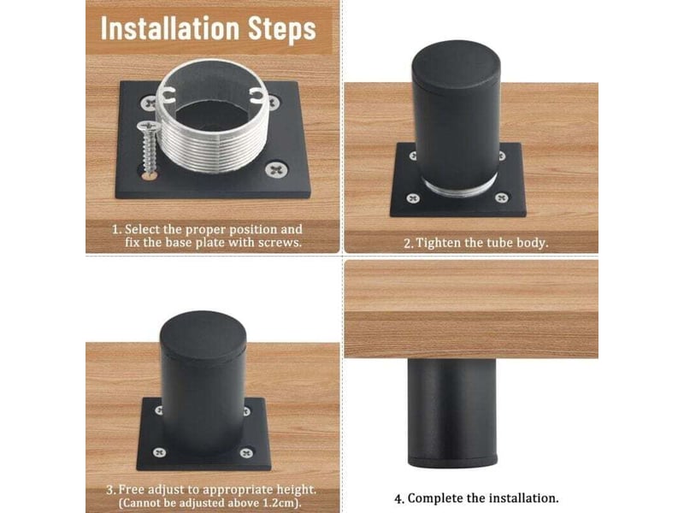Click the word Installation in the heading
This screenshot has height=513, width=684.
tap(170, 29)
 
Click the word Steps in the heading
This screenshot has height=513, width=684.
tap(282, 30)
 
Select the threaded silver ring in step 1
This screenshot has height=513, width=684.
tap(212, 116)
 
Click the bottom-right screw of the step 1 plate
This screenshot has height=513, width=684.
tap(276, 169)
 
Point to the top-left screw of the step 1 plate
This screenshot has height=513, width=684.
tap(149, 103)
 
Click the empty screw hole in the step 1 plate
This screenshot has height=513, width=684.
tap(149, 175)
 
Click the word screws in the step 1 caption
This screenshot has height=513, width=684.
tap(280, 243)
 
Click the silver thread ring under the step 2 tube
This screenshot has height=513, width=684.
tap(461, 186)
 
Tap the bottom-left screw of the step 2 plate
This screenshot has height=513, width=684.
tap(413, 198)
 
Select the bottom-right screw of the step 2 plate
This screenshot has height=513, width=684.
tap(502, 198)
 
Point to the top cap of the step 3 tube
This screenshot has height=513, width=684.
tap(203, 335)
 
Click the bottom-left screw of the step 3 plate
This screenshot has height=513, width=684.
tap(159, 452)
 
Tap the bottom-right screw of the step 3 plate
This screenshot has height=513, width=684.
tap(246, 453)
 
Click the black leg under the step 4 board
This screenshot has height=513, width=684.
tap(452, 413)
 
